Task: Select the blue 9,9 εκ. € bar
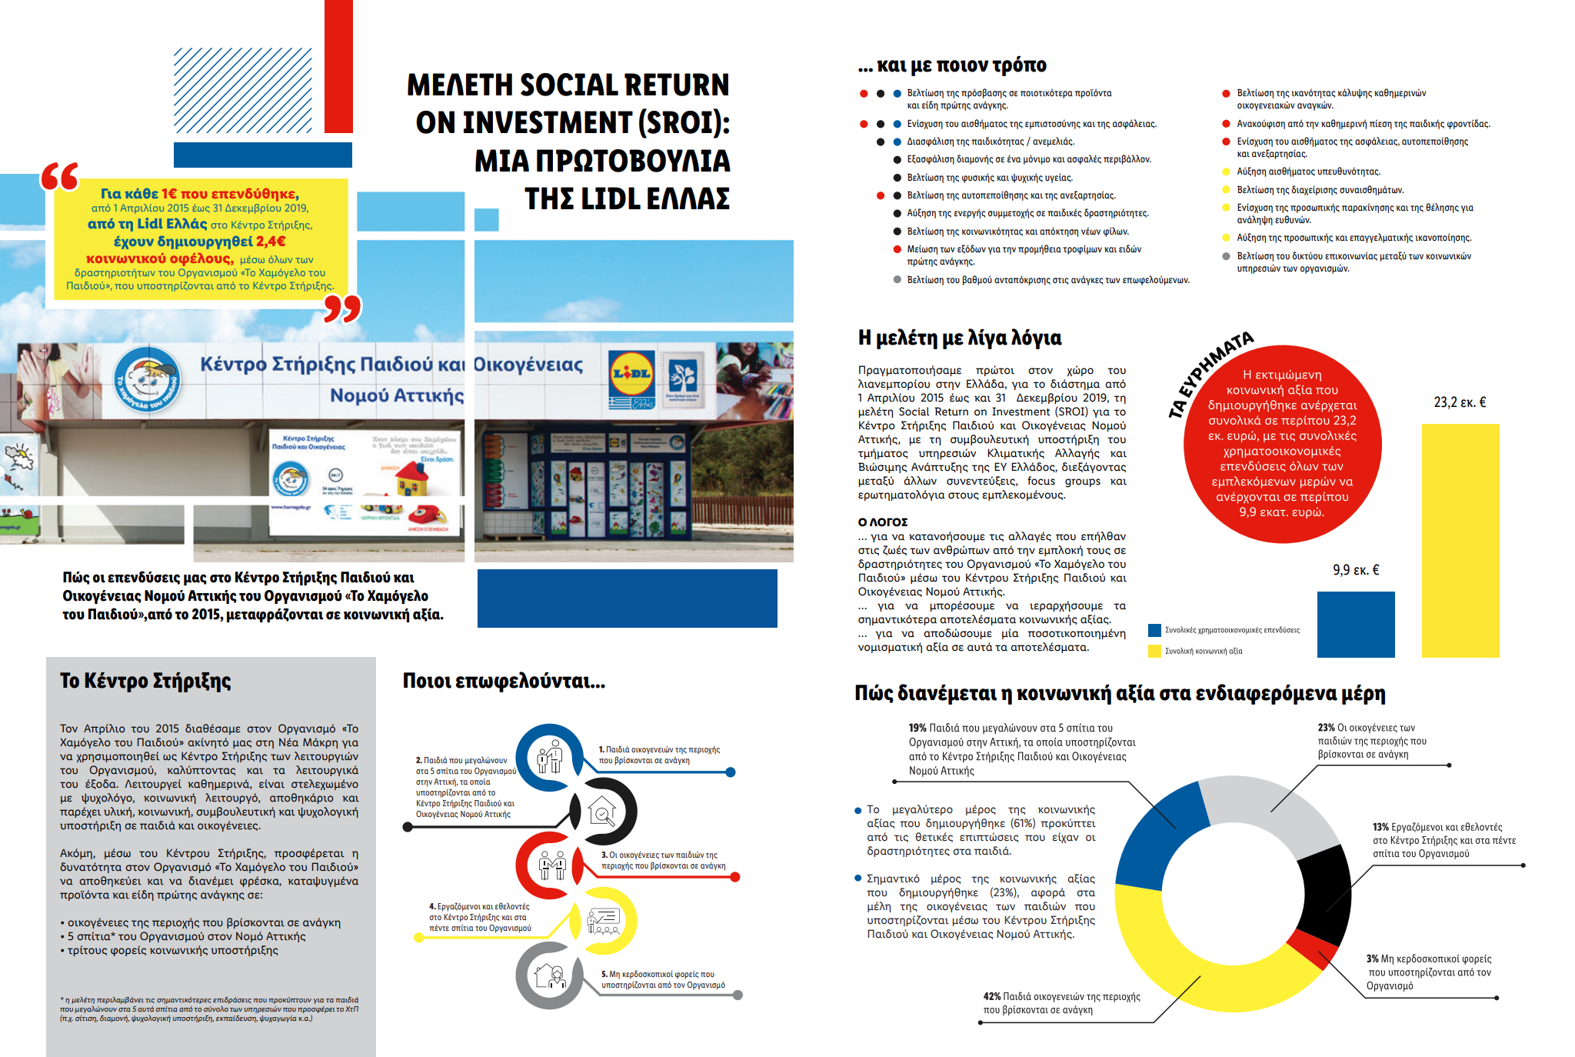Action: [x=1355, y=624]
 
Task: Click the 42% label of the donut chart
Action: [x=992, y=996]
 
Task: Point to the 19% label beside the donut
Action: [x=917, y=728]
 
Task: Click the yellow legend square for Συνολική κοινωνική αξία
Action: [x=1154, y=651]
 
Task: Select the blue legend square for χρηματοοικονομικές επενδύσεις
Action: [x=1154, y=630]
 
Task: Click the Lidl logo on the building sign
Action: [x=631, y=375]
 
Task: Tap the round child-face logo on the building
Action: [x=148, y=378]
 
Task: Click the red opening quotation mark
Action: [x=59, y=176]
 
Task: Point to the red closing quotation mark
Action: [x=342, y=308]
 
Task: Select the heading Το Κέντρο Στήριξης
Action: [x=145, y=681]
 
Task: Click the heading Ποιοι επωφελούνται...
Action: [x=504, y=681]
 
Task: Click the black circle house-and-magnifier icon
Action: [x=603, y=811]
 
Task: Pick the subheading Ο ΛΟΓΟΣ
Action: [x=882, y=522]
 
